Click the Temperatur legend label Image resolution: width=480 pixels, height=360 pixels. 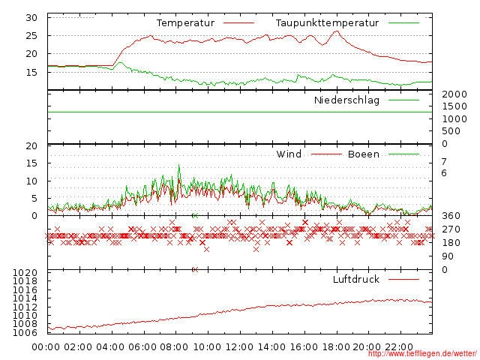click(x=185, y=23)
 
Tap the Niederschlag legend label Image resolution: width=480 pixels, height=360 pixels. click(x=346, y=100)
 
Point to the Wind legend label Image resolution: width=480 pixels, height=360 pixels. click(x=289, y=154)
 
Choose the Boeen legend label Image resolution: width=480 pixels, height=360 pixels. click(x=363, y=154)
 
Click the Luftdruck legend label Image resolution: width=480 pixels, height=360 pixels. click(x=355, y=280)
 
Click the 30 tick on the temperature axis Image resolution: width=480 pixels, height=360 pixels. click(x=31, y=17)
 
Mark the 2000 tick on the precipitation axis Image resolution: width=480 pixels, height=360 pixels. click(x=454, y=94)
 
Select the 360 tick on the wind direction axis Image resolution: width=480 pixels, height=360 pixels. click(x=451, y=216)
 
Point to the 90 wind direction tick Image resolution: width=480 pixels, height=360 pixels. click(x=448, y=256)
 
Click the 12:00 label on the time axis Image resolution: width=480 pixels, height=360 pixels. click(x=239, y=347)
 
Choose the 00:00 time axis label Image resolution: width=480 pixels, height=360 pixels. click(x=46, y=347)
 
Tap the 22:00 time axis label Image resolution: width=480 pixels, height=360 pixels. click(x=400, y=347)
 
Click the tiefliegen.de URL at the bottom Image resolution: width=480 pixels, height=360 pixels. click(x=422, y=354)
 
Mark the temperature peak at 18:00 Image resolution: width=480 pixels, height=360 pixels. click(x=337, y=31)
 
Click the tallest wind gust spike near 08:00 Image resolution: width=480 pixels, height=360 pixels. click(x=178, y=166)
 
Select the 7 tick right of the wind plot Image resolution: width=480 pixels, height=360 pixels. click(x=444, y=162)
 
